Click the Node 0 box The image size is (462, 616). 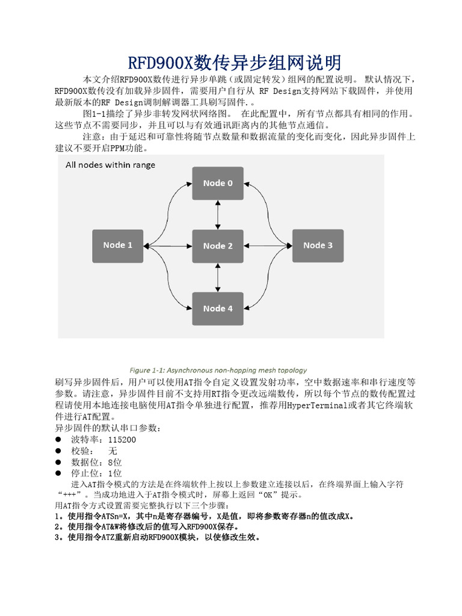[x=218, y=183]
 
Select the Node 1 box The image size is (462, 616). [x=118, y=245]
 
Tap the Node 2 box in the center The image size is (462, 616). [x=218, y=245]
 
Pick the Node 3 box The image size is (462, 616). [x=318, y=245]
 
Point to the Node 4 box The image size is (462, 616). [x=218, y=309]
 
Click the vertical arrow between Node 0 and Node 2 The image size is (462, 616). [x=218, y=215]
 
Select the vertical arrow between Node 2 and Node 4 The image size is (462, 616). [x=218, y=277]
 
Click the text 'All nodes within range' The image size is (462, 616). [x=110, y=165]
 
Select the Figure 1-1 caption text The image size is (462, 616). [x=218, y=370]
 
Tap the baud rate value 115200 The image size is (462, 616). [x=118, y=440]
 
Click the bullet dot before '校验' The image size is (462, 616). [x=58, y=451]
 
